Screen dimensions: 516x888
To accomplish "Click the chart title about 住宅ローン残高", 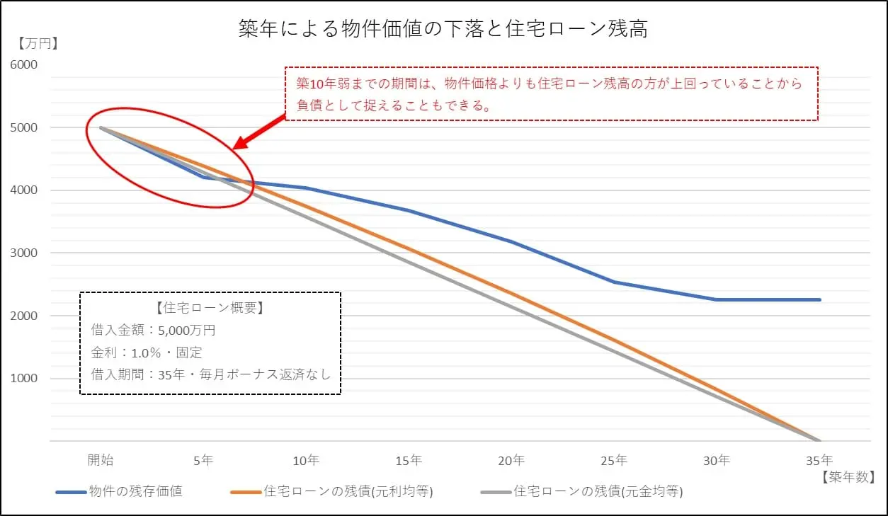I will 443,30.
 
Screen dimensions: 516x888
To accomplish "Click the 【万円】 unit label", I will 38,43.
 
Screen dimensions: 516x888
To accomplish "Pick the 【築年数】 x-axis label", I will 848,477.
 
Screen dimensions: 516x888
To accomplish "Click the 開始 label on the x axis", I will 101,460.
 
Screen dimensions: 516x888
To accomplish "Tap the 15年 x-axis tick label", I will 409,460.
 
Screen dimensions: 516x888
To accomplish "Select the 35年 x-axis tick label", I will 819,460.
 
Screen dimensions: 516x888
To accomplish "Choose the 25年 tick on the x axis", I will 614,460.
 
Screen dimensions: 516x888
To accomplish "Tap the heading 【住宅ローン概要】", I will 210,309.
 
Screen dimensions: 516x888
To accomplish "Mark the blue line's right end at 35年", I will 819,299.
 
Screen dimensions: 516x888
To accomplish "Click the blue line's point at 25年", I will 614,282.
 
